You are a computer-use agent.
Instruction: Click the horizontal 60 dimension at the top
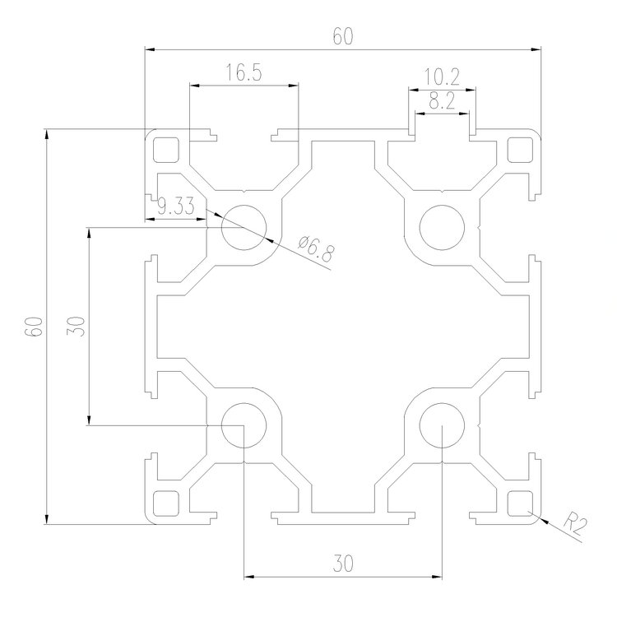click(x=343, y=37)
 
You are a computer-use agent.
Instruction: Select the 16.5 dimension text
click(x=243, y=73)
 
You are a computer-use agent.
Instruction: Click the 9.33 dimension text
click(x=174, y=206)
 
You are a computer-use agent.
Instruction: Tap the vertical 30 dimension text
click(x=77, y=326)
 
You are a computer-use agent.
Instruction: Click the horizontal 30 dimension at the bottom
click(x=343, y=564)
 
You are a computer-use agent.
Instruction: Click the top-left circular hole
click(x=244, y=227)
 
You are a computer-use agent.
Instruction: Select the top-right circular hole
click(x=441, y=224)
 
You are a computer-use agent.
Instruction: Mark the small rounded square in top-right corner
click(x=520, y=150)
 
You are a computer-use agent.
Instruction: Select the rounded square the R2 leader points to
click(x=520, y=502)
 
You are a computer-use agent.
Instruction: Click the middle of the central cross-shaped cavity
click(x=342, y=326)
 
